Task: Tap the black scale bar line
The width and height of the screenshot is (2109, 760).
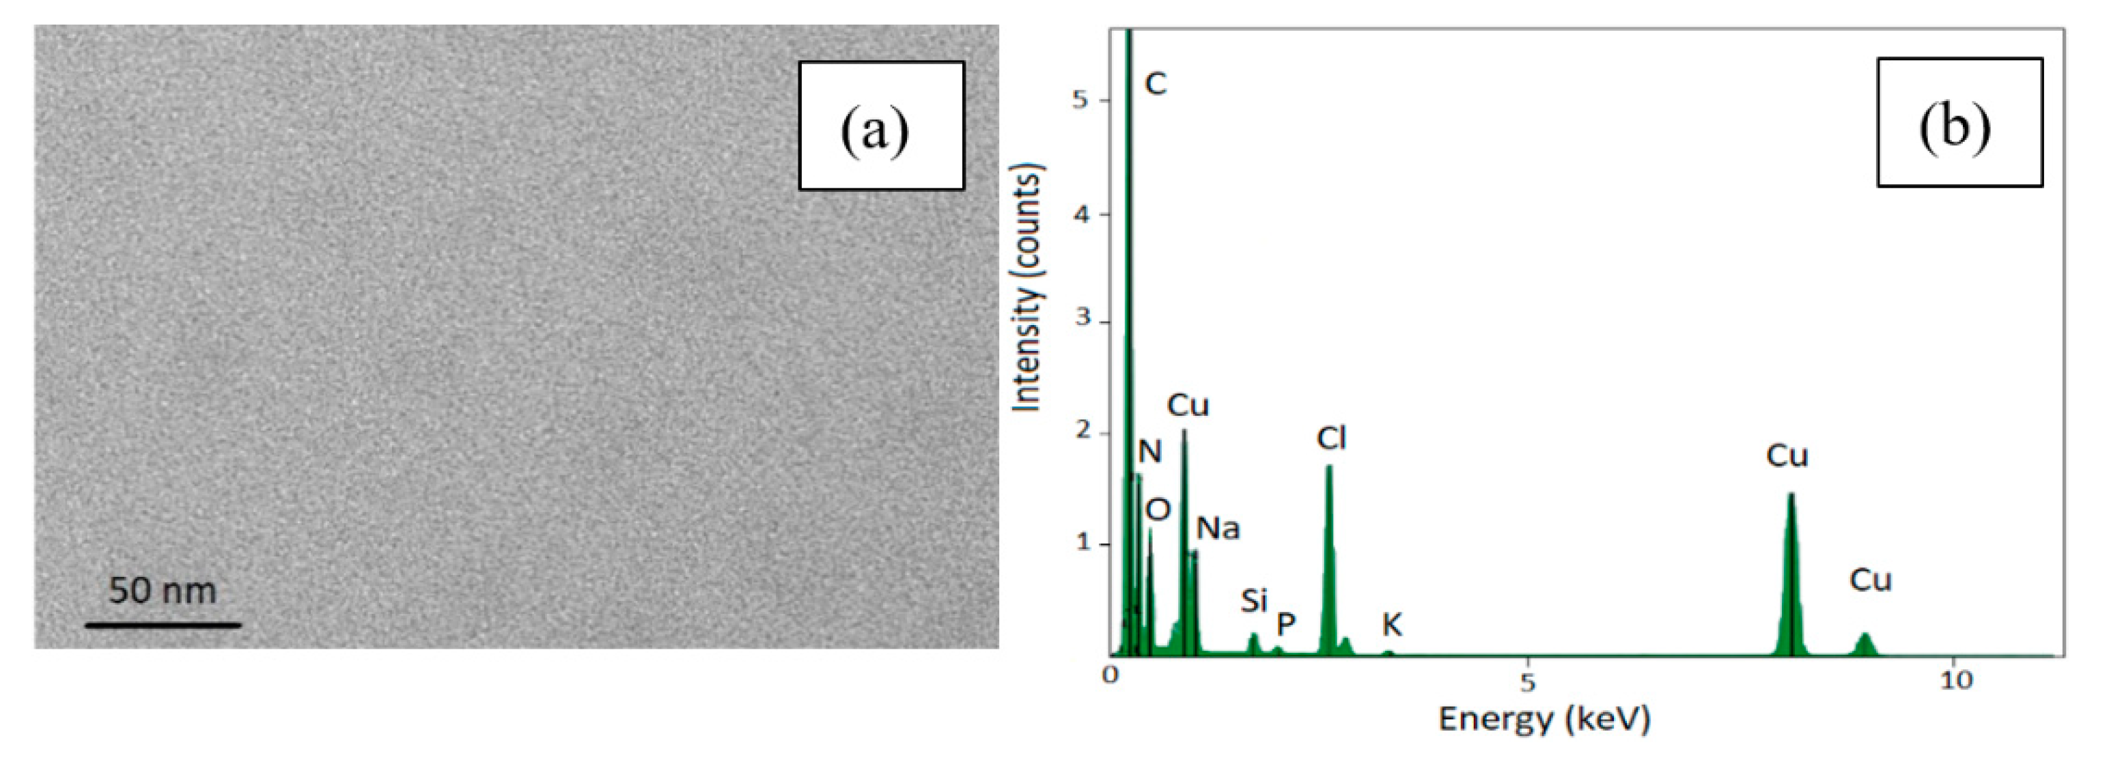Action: point(163,625)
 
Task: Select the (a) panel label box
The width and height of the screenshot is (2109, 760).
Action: point(881,126)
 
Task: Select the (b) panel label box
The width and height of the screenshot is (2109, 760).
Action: point(1959,122)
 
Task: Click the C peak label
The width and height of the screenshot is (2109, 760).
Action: point(1154,83)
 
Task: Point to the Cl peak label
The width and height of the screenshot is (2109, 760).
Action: point(1331,439)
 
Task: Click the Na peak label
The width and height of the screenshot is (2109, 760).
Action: point(1218,529)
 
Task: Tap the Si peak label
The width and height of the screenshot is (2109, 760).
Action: point(1253,601)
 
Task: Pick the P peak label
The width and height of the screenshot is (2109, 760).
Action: point(1285,625)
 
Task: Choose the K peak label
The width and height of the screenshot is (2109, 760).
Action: point(1391,625)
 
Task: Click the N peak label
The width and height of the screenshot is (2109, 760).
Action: point(1149,451)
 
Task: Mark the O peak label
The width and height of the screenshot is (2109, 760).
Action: point(1158,510)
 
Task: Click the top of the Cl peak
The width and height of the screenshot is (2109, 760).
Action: point(1329,468)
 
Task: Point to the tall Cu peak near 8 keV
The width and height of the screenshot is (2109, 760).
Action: point(1791,496)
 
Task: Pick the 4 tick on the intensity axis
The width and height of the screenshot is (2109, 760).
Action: point(1082,214)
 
